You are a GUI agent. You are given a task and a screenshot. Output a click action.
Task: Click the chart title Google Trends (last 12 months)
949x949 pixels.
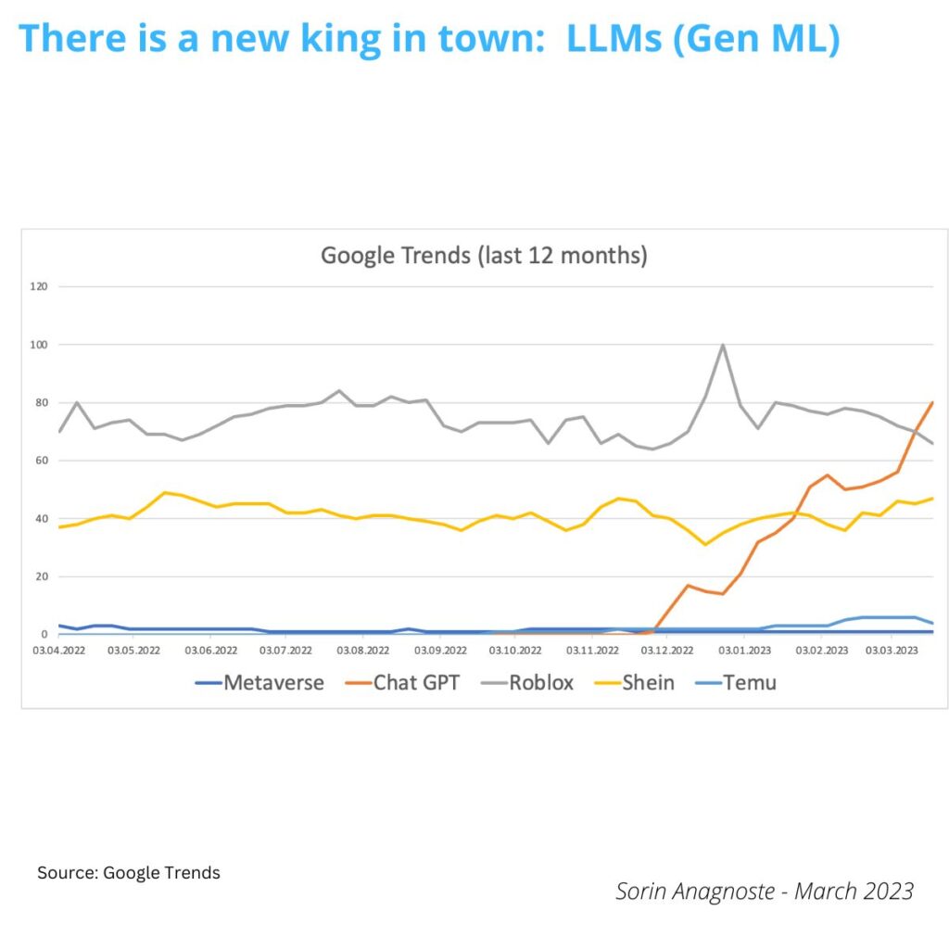point(484,255)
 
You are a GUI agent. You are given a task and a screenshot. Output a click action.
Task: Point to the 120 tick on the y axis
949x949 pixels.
point(38,286)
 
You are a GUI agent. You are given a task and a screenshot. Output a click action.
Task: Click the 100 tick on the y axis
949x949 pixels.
point(38,345)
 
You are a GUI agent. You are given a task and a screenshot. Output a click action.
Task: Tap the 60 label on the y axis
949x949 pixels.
point(41,461)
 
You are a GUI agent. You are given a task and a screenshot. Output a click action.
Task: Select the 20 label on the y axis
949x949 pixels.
point(41,576)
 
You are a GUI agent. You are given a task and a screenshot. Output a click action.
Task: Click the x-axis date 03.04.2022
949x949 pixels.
point(58,651)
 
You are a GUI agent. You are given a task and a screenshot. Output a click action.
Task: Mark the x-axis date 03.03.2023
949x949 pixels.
point(892,651)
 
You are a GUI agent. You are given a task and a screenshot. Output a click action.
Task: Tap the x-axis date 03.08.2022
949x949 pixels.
point(361,651)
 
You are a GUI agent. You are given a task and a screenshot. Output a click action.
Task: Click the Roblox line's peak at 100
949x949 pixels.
point(722,345)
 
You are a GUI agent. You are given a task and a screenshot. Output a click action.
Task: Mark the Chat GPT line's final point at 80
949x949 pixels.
point(931,403)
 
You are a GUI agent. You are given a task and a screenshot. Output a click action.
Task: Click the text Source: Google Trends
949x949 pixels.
point(129,873)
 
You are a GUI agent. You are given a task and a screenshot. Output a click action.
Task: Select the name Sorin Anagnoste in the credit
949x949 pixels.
point(684,892)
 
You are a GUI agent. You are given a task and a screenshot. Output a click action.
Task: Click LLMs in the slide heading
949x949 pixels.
point(615,39)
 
